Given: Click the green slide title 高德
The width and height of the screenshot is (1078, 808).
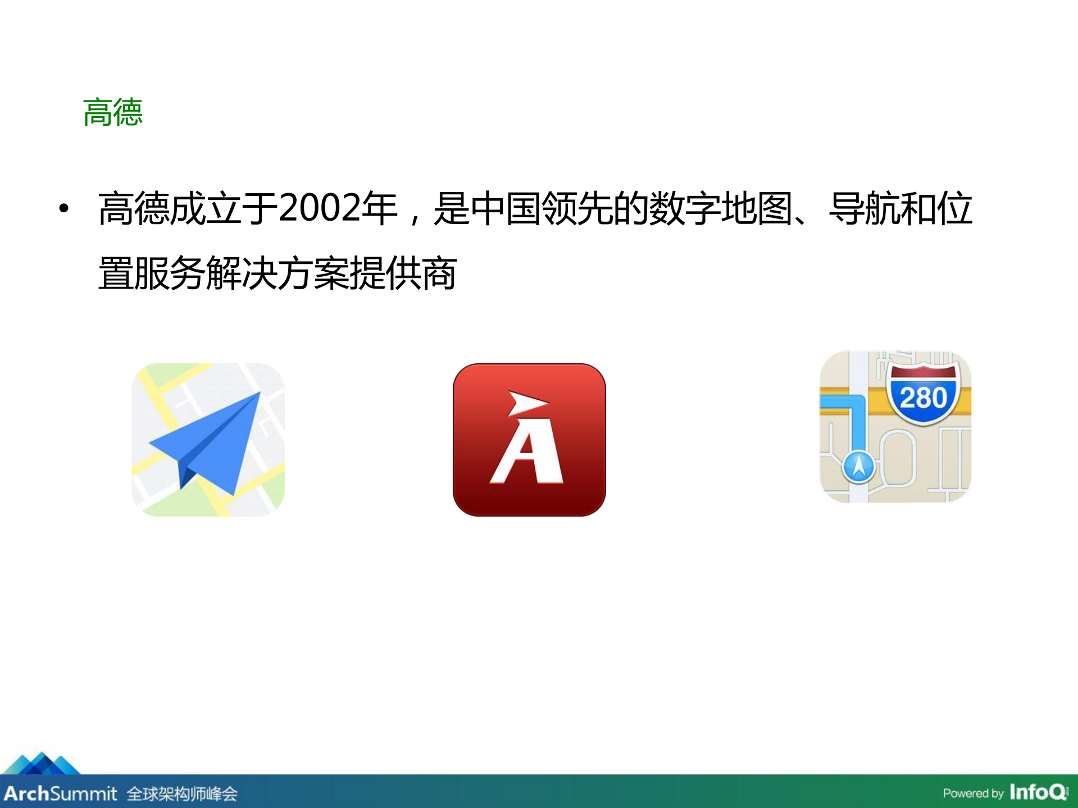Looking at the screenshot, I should [113, 112].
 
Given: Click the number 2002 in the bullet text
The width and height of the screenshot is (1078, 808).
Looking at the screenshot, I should [319, 208].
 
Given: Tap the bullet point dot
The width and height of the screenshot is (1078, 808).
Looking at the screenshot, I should [64, 208].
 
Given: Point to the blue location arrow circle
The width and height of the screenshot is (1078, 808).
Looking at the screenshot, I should [858, 465].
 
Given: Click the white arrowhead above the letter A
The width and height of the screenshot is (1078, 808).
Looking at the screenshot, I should [526, 403].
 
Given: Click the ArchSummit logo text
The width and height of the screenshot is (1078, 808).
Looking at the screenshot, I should [60, 793].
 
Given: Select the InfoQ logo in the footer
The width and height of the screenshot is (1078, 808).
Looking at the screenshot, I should [1039, 792].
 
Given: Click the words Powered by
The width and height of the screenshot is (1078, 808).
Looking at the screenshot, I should [973, 793].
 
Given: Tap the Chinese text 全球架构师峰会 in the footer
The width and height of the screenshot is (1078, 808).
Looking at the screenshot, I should [182, 794].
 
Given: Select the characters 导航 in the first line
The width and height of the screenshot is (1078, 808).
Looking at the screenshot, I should [865, 208].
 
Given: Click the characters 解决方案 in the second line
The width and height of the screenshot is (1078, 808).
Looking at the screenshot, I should [278, 273].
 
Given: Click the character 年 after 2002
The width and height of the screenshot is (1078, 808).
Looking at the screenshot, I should [380, 208].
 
